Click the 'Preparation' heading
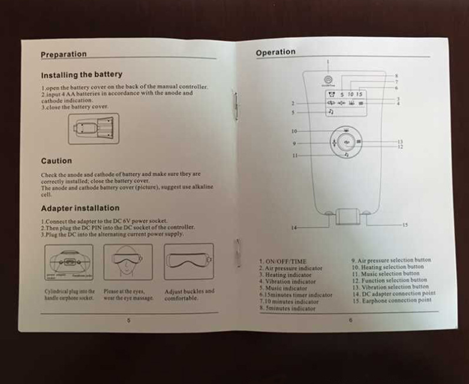click(x=64, y=55)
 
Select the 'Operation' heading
click(x=275, y=53)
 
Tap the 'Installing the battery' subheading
click(x=81, y=75)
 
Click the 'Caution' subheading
click(x=56, y=161)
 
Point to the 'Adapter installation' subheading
click(x=80, y=209)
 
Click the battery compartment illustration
click(x=93, y=128)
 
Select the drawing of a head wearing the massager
click(x=128, y=261)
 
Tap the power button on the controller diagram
click(x=328, y=80)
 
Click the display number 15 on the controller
click(x=359, y=95)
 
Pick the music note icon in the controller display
click(x=330, y=112)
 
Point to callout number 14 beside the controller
click(x=293, y=228)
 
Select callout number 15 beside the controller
click(x=405, y=225)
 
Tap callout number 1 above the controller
click(x=328, y=61)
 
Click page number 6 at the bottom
click(x=350, y=320)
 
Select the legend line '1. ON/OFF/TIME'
click(x=283, y=262)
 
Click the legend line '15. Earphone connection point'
click(x=391, y=300)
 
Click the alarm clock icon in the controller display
click(x=330, y=95)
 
